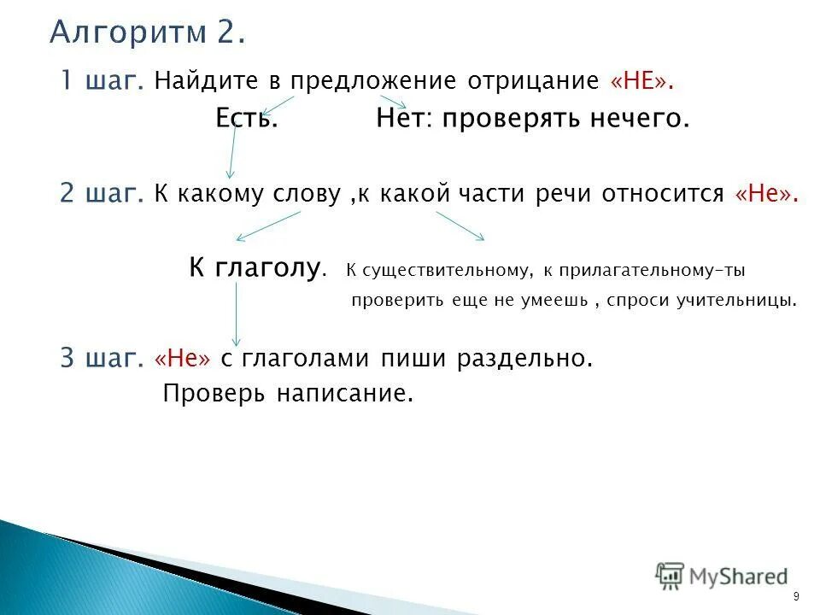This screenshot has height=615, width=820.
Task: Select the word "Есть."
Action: coord(246,119)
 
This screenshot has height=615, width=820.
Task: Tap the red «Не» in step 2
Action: coord(766,194)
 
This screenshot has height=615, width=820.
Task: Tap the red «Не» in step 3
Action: coord(182,359)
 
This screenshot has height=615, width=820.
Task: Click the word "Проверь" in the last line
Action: coord(214,394)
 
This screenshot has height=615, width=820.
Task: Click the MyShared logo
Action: coord(722,576)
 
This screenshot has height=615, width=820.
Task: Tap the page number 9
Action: coord(796,596)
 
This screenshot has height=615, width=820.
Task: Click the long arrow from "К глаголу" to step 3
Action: coord(237,314)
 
